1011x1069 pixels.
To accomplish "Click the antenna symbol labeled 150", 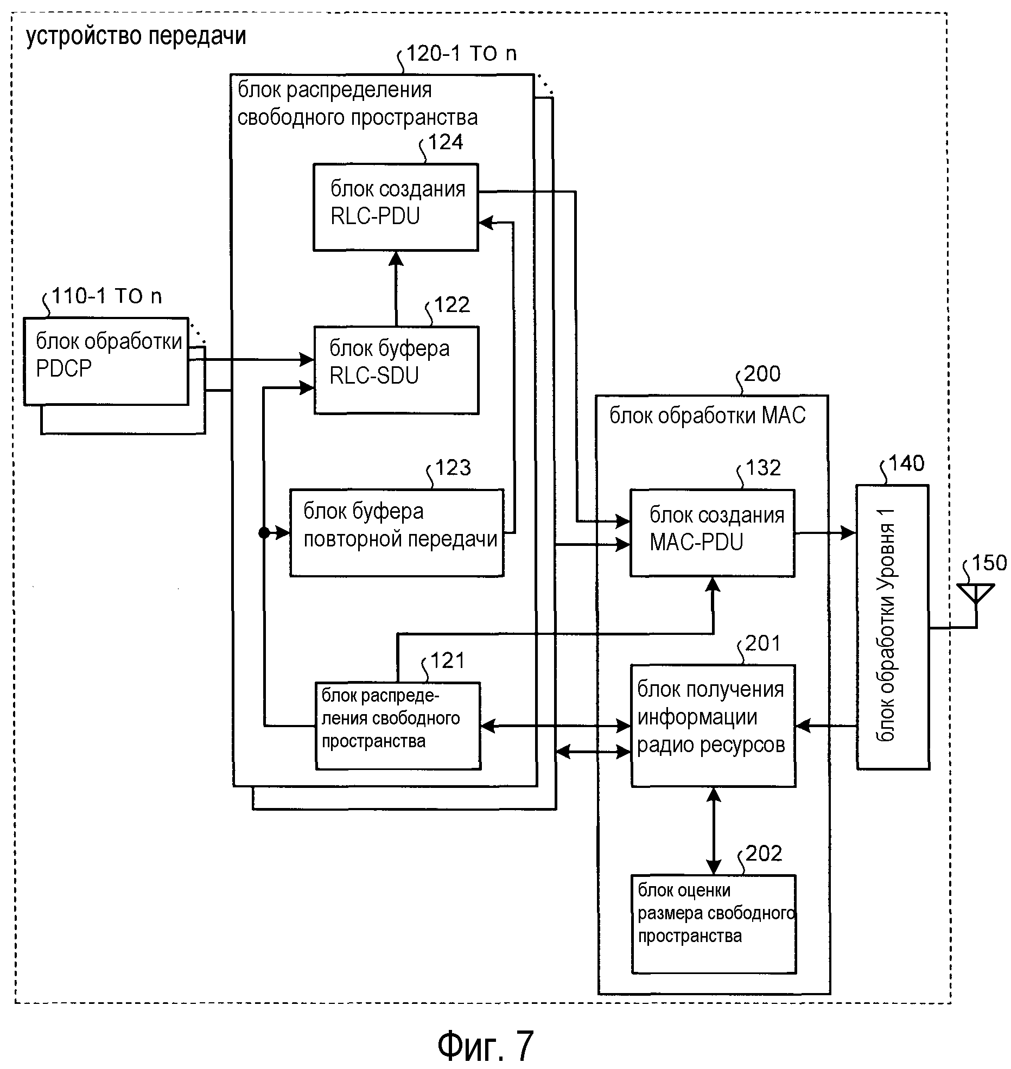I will (x=975, y=593).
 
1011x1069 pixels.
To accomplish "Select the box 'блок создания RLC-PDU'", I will (x=396, y=207).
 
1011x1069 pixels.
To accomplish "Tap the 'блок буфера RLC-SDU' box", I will (x=396, y=370).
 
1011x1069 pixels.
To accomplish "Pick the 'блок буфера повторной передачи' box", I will (x=397, y=532).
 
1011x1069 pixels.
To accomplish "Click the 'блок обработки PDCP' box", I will (x=106, y=361).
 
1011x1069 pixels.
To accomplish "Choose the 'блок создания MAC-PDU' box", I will (x=712, y=532).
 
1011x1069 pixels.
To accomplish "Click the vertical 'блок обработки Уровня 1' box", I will (x=892, y=627).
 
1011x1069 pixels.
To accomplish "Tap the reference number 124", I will (x=446, y=142).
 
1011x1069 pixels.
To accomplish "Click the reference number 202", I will (x=764, y=854).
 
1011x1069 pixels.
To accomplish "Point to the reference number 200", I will (x=762, y=374).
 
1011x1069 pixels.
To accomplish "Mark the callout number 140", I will (x=906, y=463).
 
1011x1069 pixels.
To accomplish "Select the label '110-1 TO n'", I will (x=107, y=296).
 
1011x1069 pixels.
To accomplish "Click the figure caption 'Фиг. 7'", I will (x=485, y=1045).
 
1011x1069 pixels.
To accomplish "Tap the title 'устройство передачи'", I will (x=136, y=36).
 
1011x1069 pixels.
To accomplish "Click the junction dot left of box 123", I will (x=264, y=533).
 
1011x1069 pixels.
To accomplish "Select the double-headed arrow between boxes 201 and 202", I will (x=714, y=830).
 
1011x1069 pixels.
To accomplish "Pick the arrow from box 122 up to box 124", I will (x=396, y=288).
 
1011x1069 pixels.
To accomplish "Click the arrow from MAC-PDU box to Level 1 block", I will (x=825, y=533).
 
